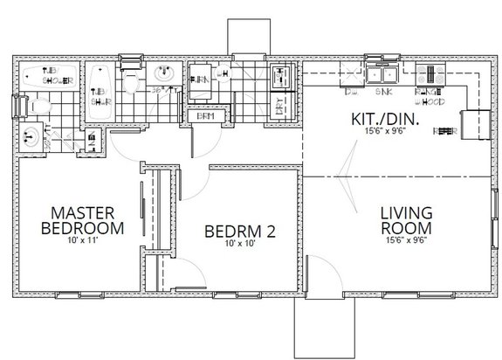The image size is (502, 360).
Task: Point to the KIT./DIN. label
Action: pos(386,120)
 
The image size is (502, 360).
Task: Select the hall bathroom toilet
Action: pos(131,82)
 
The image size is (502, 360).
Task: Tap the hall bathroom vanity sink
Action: pos(162,74)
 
